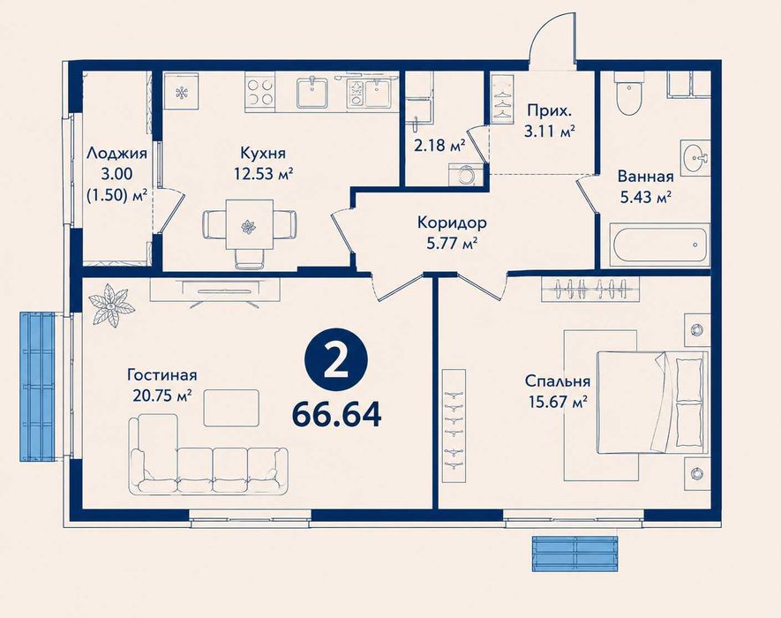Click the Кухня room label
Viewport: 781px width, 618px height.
tap(263, 153)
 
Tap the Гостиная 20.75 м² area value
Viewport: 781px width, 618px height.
tap(162, 396)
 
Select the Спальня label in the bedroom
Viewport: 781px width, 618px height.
tap(558, 381)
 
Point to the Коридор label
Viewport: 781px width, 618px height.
tap(452, 222)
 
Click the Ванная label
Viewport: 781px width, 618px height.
tap(645, 177)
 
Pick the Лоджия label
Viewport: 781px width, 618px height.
tap(117, 153)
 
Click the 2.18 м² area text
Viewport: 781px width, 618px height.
tap(439, 145)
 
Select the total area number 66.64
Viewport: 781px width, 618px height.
tap(337, 415)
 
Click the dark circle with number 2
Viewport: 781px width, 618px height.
tap(336, 360)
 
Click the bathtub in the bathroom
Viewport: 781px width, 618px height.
tap(660, 245)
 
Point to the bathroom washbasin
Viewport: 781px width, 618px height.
tap(695, 159)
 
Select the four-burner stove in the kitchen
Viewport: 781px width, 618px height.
tap(260, 91)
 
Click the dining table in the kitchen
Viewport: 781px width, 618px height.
tap(249, 225)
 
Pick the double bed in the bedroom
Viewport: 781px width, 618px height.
tap(652, 403)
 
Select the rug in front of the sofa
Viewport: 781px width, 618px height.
tap(231, 408)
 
